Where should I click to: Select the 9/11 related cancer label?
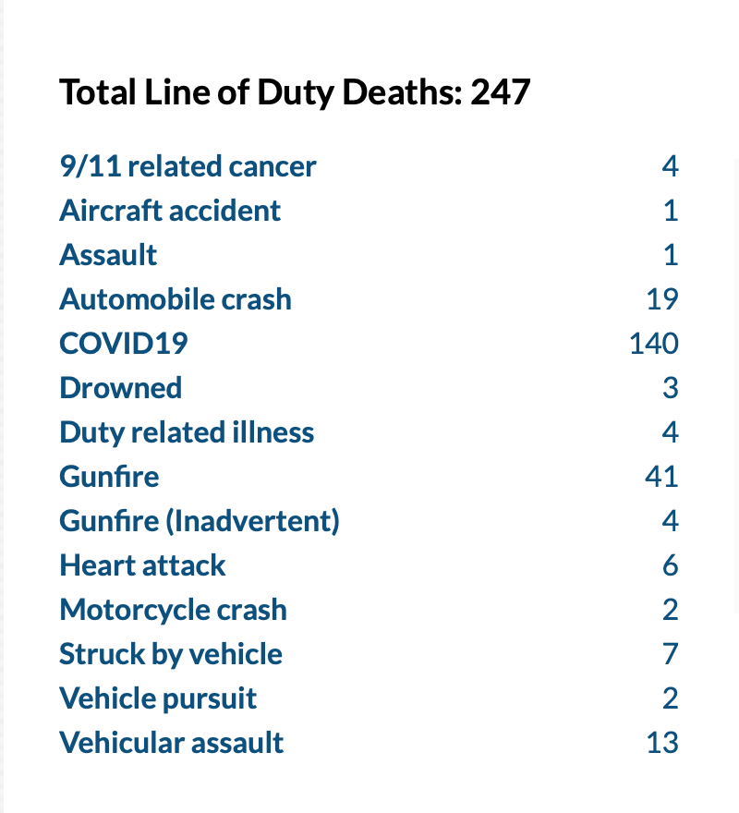(188, 166)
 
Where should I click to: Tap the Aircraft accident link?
(170, 211)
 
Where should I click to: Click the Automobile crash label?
(176, 299)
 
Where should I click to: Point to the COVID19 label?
(124, 344)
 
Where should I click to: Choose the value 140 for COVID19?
(653, 344)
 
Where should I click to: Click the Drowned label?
(121, 388)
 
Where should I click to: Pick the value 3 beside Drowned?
(670, 388)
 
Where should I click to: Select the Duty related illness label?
(187, 432)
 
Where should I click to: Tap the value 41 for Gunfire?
(661, 477)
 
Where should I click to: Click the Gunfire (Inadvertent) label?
(200, 521)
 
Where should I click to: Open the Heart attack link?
(142, 565)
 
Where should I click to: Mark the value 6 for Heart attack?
(670, 565)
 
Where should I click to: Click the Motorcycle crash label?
(173, 610)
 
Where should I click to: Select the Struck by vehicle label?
(171, 654)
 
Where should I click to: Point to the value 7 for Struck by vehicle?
(670, 654)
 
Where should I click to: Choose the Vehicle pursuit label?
(158, 698)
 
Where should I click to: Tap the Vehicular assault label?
(172, 743)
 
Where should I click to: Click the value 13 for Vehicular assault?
(662, 743)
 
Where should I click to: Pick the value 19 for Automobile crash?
(662, 299)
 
